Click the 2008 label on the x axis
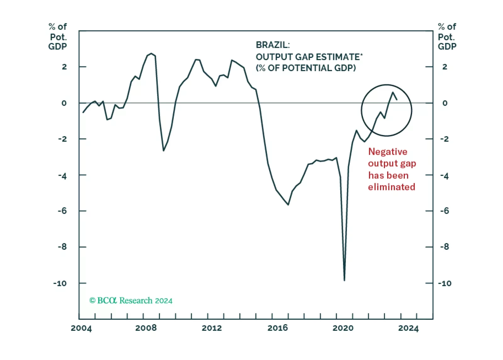point(146,328)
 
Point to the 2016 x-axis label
point(278,328)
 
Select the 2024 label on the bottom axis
point(408,328)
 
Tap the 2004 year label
point(81,328)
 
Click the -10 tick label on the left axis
point(60,283)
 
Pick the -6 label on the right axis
point(444,211)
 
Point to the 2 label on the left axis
point(64,67)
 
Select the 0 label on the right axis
point(445,103)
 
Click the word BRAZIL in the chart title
point(272,45)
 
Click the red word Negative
point(388,152)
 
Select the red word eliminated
point(392,187)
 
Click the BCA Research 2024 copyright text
point(131,301)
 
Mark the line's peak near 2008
point(151,53)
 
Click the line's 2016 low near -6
point(288,205)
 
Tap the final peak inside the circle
point(393,92)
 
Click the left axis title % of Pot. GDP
point(58,37)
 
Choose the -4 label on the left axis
point(62,176)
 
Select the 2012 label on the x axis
point(212,328)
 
